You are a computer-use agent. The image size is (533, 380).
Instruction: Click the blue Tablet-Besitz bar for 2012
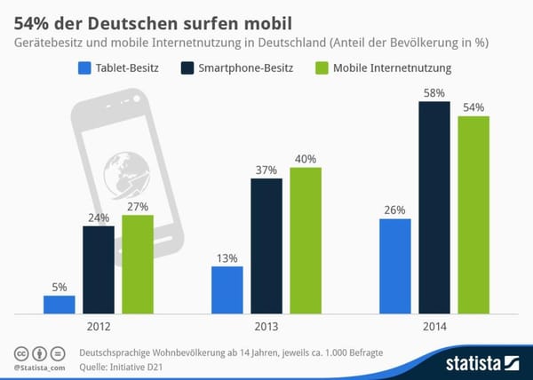coord(59,305)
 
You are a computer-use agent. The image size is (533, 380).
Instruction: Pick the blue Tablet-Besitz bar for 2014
coord(394,266)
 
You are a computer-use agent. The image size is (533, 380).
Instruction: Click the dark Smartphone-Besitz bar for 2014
coord(434,208)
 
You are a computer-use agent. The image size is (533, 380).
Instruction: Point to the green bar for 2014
coord(473,215)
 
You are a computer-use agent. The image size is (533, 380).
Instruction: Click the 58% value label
coord(434,93)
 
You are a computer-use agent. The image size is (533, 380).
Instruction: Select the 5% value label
coord(59,287)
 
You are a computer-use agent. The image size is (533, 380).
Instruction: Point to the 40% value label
coord(306,158)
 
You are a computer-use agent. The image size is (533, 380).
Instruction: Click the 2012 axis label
coord(99,327)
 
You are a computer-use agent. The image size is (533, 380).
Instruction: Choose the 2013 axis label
coord(266,327)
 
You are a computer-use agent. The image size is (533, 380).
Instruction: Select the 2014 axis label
coord(434,327)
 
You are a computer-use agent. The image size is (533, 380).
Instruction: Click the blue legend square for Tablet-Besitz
coord(85,67)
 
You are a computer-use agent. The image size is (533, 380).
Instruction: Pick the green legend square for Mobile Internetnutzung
coord(322,67)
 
